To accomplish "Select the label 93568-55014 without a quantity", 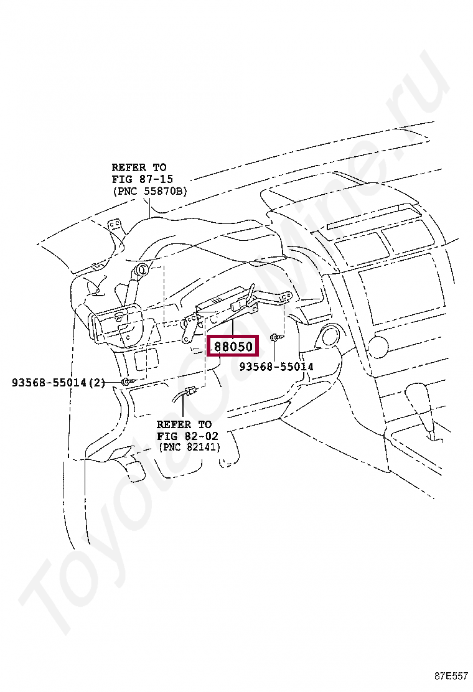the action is (276, 367).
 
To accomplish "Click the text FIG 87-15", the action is (142, 179).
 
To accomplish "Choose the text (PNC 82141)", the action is (189, 447).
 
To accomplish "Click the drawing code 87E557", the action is (451, 676).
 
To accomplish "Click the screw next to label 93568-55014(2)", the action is (126, 381).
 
